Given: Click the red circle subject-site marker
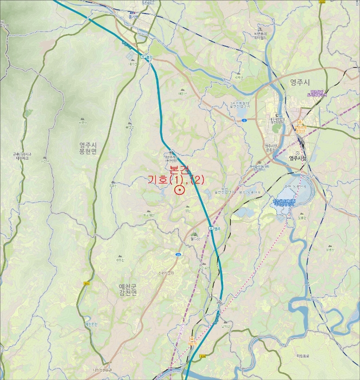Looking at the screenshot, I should pos(179,190).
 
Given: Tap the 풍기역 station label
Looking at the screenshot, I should pos(134,16).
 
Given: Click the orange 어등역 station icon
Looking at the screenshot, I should pos(191,338).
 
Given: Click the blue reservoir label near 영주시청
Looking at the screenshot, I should pos(288,202).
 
